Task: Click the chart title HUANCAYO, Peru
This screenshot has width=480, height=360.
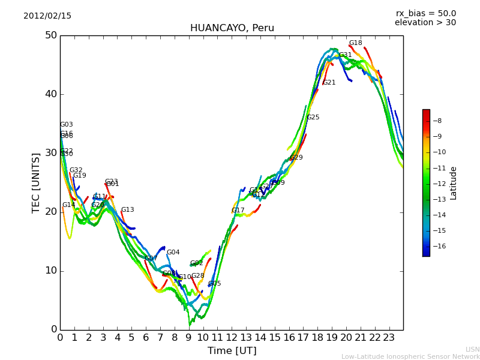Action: pos(232,28)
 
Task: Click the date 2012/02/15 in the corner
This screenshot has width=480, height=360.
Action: pos(47,16)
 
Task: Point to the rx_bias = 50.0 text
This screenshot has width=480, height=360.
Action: pos(425,13)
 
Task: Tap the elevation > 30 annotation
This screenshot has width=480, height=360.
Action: pos(425,23)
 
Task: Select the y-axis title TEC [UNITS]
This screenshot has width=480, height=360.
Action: pos(36,182)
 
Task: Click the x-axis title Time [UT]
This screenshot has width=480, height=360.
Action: pos(232,351)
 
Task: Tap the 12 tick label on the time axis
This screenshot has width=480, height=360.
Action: pos(232,337)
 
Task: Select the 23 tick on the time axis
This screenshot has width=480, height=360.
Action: pos(389,337)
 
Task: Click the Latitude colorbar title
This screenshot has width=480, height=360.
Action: pos(454,183)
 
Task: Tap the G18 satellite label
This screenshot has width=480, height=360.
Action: pos(355,43)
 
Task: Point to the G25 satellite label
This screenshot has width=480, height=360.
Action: pos(313,118)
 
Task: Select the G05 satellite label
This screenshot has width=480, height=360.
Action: pos(214,284)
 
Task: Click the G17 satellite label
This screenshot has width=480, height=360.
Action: pos(238,211)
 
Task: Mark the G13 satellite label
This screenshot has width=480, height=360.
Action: pos(127,210)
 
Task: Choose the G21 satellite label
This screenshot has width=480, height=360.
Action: pos(329,83)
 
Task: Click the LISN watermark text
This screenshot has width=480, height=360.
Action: pos(472,349)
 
